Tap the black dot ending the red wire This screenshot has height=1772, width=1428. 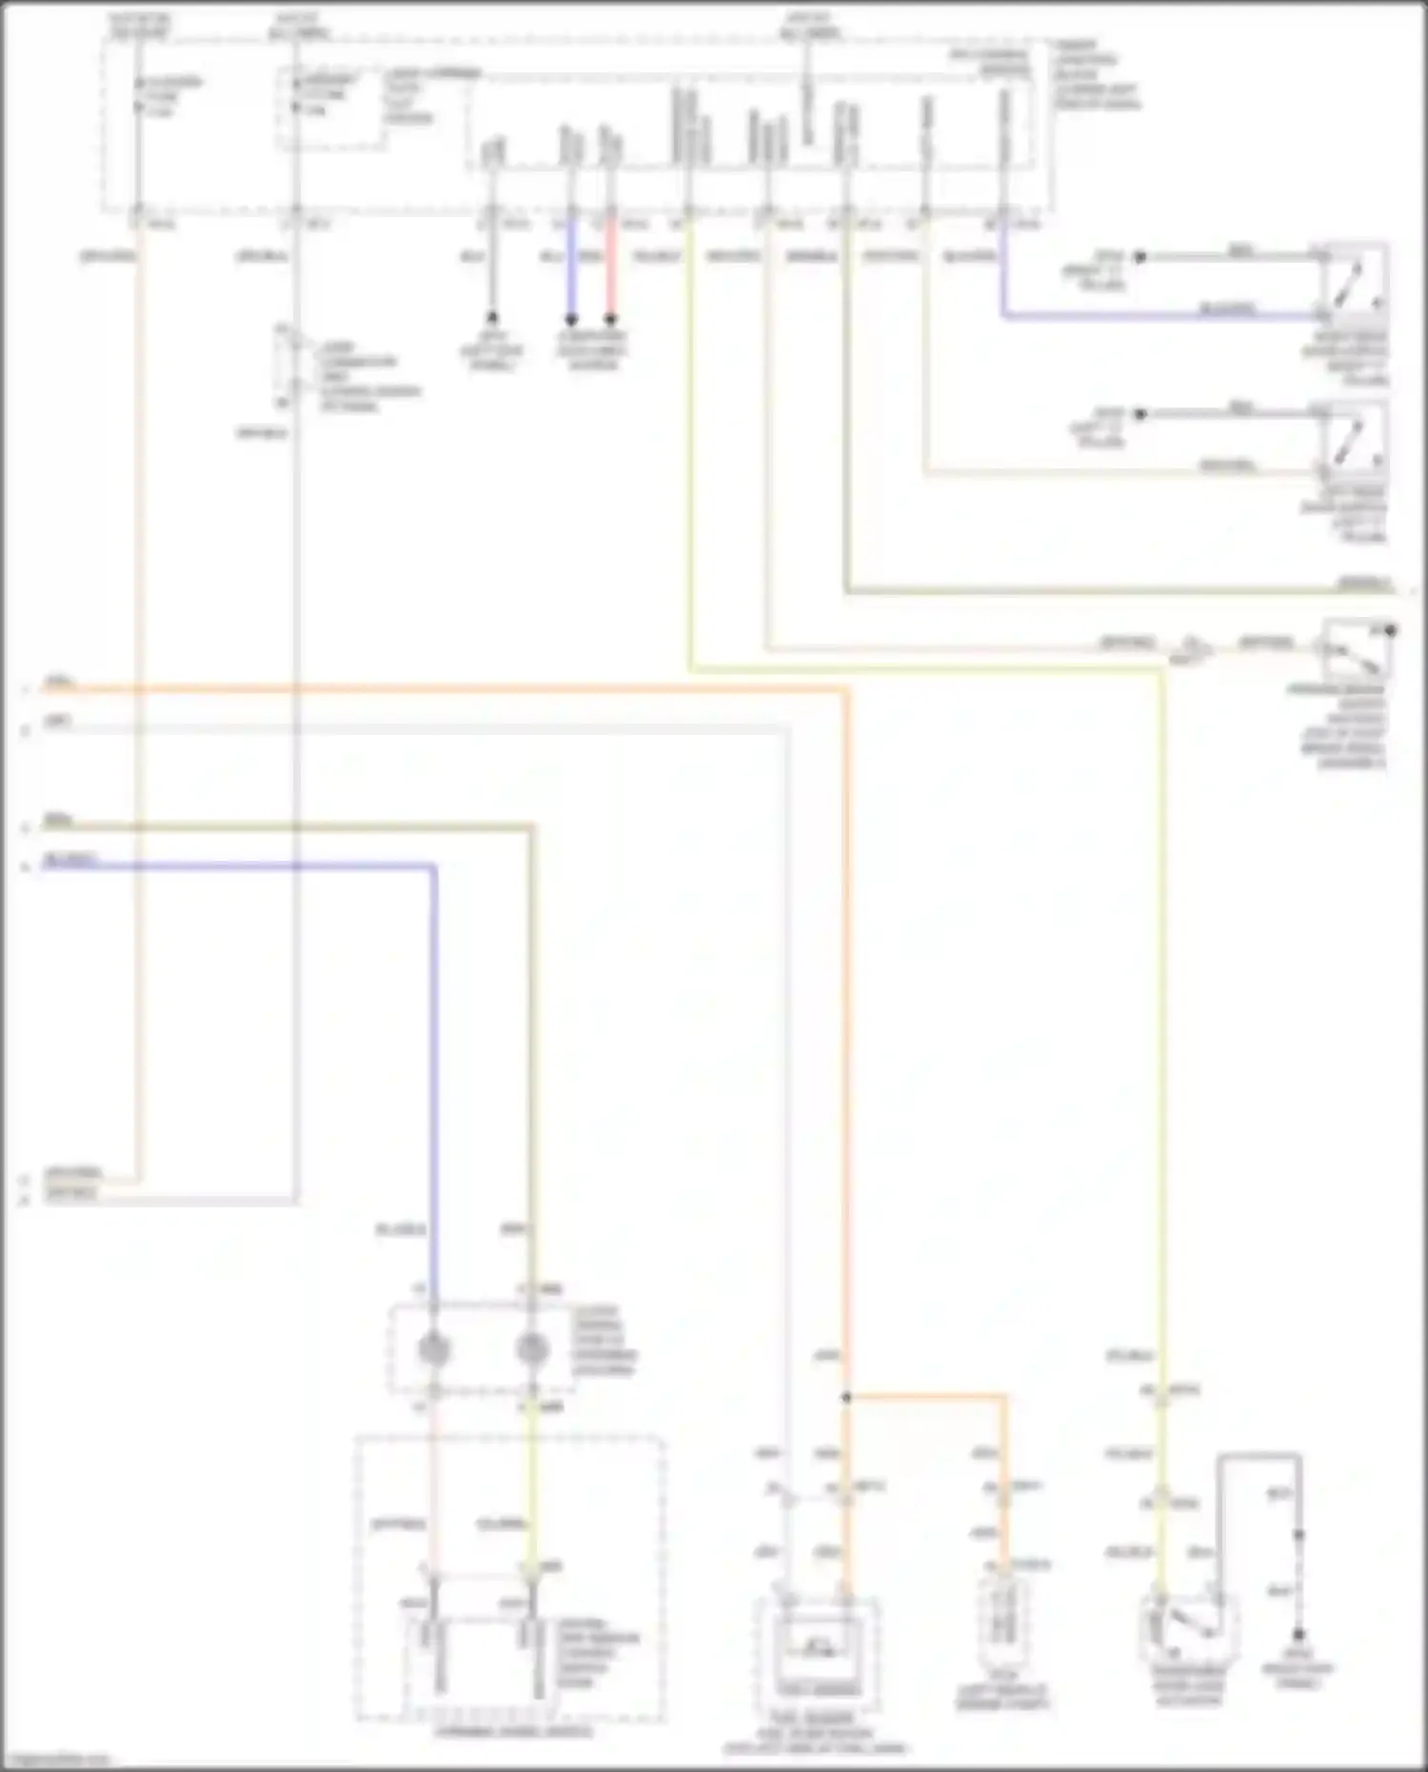coord(610,318)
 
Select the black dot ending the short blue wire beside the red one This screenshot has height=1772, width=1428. coord(571,318)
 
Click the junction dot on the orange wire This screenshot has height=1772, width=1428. coord(845,1398)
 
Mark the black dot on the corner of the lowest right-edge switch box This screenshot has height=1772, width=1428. coord(1391,629)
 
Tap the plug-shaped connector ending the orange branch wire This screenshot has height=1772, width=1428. coord(1002,1619)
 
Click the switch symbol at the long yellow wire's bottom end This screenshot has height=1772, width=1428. coord(1188,1629)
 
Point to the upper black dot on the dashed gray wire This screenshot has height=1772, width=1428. coord(1298,1535)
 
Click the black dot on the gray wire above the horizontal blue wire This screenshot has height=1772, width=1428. coord(1139,256)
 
